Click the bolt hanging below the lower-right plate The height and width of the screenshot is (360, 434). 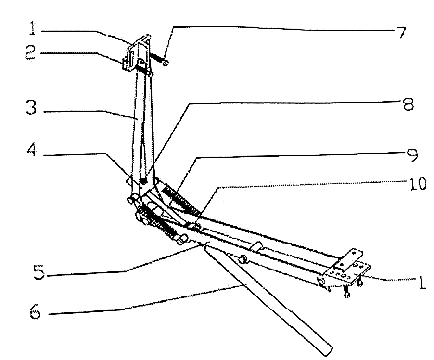point(346,292)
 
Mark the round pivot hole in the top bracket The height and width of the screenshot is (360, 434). point(142,61)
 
